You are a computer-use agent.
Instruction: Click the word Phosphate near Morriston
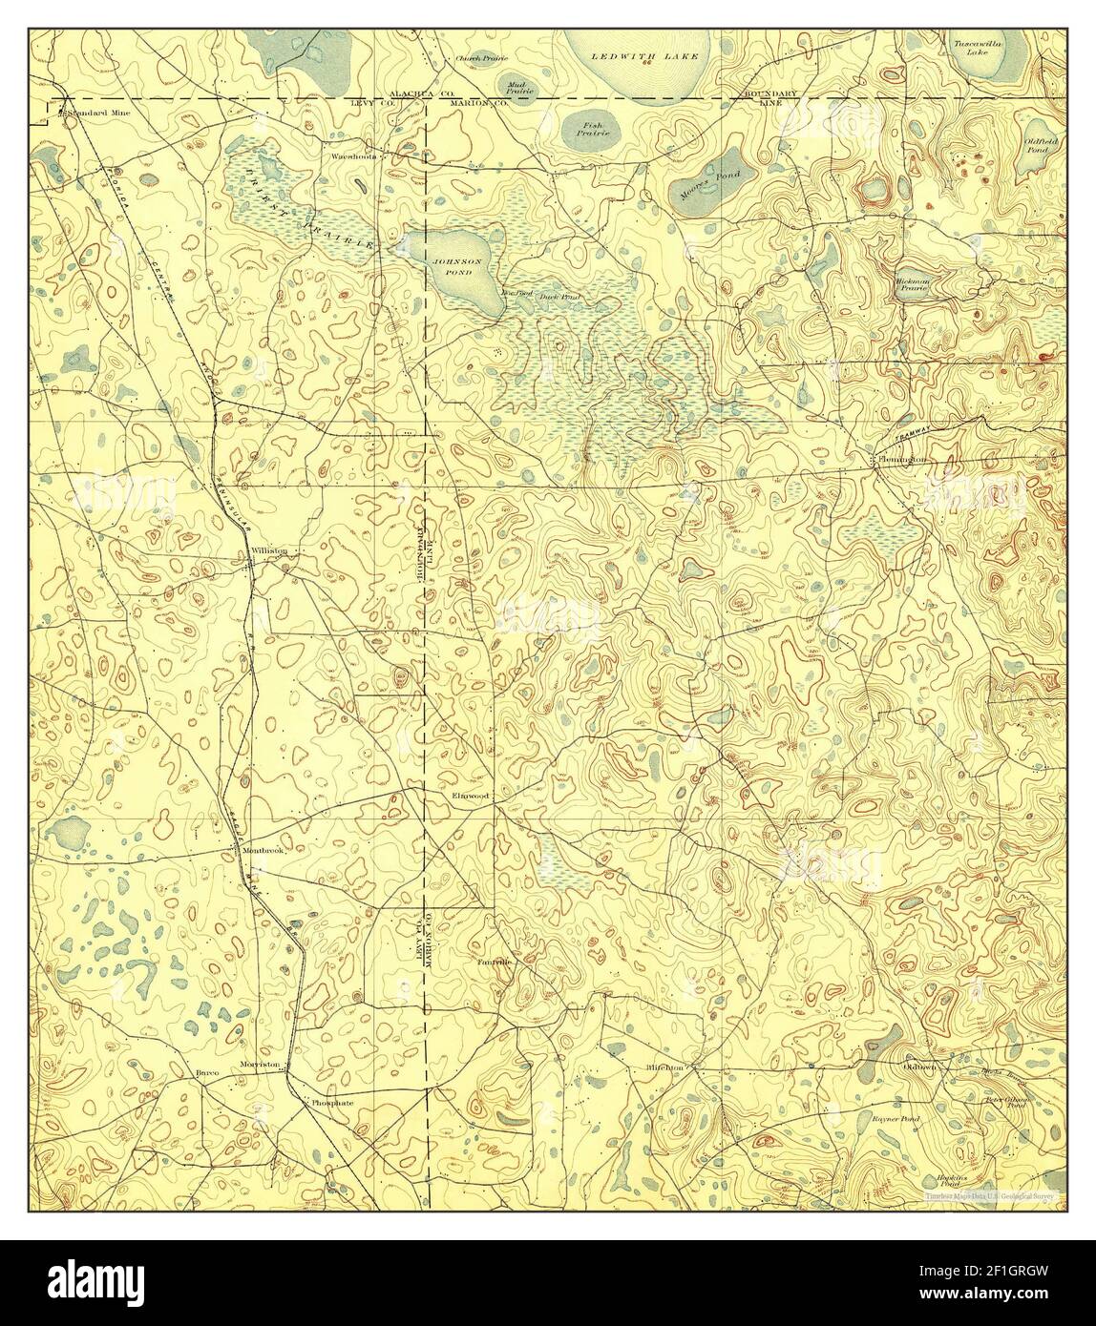tap(331, 1102)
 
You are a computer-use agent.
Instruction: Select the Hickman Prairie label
tap(912, 286)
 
